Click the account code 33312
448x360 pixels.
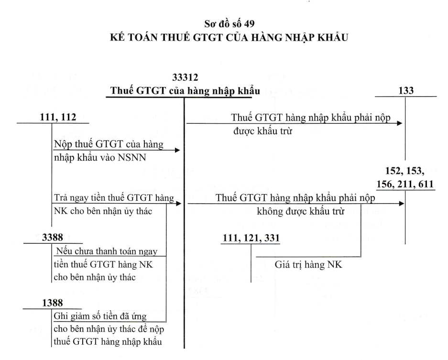[185, 77]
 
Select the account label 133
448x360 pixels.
[406, 90]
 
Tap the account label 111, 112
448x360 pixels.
[58, 117]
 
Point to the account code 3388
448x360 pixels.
[53, 238]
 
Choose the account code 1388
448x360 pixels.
[53, 303]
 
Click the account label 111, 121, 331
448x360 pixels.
[251, 238]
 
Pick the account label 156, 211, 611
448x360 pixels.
[405, 184]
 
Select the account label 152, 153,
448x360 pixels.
[405, 171]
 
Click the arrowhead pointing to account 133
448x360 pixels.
[400, 123]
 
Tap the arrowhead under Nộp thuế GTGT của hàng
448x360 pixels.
[177, 150]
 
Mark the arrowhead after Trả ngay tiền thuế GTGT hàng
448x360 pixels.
[179, 204]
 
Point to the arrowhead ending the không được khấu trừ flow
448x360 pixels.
[402, 204]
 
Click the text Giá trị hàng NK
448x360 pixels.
[308, 264]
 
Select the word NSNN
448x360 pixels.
[132, 157]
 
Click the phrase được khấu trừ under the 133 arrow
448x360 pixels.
[263, 131]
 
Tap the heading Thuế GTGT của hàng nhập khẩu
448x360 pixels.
[185, 91]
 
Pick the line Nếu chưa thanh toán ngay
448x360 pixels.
[107, 251]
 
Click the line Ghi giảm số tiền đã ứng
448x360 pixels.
[100, 316]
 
